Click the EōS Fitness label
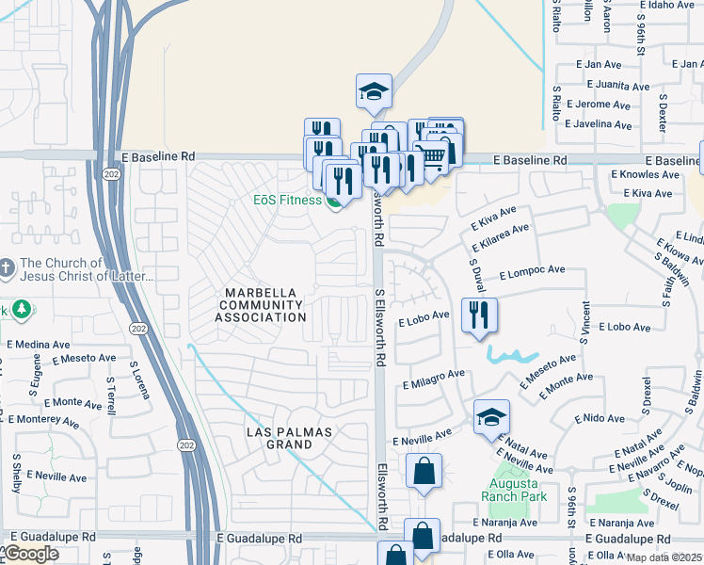(x=287, y=200)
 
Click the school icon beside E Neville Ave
(x=491, y=416)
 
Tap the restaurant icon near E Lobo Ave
(x=479, y=315)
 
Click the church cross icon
(x=8, y=268)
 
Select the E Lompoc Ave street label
(x=532, y=270)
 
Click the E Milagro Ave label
(x=434, y=379)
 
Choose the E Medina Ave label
(x=39, y=344)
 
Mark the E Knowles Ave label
(x=645, y=174)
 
